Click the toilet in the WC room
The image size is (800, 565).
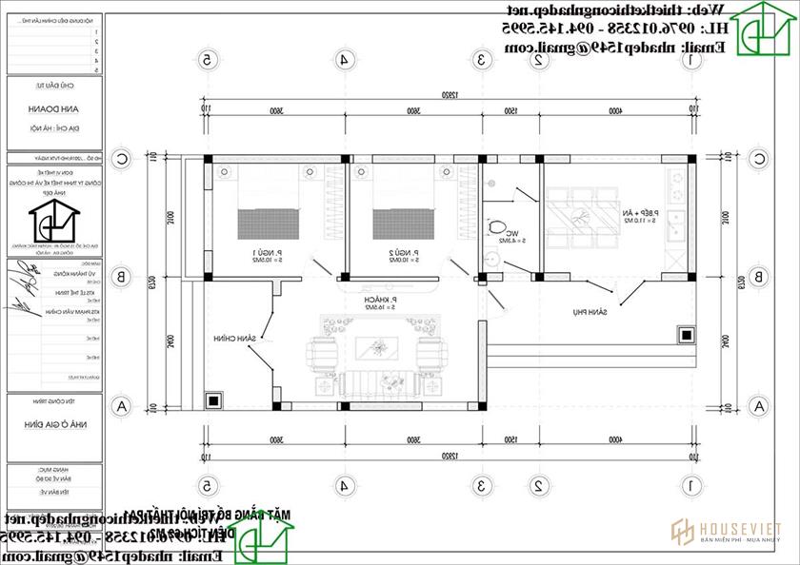[499, 227]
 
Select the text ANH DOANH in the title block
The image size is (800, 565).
[53, 107]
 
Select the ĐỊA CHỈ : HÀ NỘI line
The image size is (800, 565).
[53, 127]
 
